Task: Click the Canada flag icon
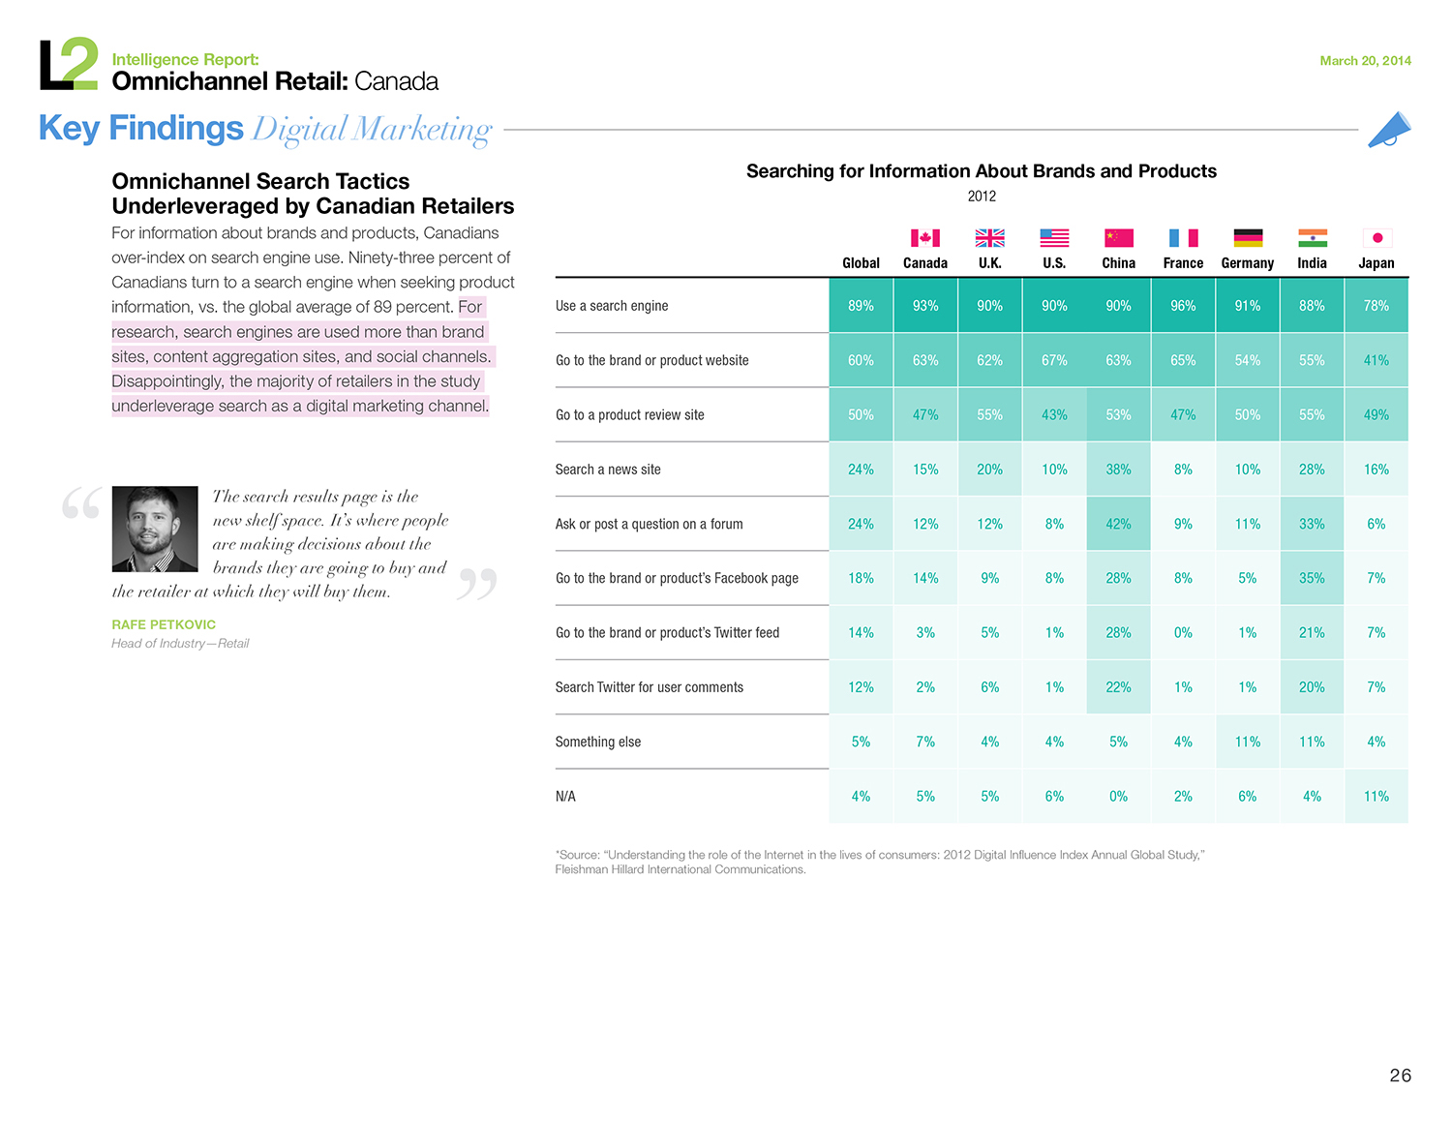tap(924, 238)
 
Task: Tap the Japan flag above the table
tap(1376, 238)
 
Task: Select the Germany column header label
tap(1247, 263)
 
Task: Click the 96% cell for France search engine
tap(1183, 305)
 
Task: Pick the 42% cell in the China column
tap(1118, 524)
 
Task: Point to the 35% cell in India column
tap(1312, 578)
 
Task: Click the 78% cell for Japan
tap(1376, 305)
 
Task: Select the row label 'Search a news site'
tap(607, 470)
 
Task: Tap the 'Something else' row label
tap(597, 742)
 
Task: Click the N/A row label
tap(565, 796)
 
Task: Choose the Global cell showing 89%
tap(861, 305)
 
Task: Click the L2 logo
tap(69, 64)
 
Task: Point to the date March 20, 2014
tap(1365, 61)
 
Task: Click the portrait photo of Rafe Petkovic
tap(155, 529)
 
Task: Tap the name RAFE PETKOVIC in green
tap(164, 624)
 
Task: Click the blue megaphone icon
tap(1389, 130)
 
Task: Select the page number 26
tap(1400, 1076)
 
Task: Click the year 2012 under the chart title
tap(982, 197)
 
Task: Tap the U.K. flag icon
tap(989, 238)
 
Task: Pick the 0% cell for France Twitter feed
tap(1183, 633)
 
